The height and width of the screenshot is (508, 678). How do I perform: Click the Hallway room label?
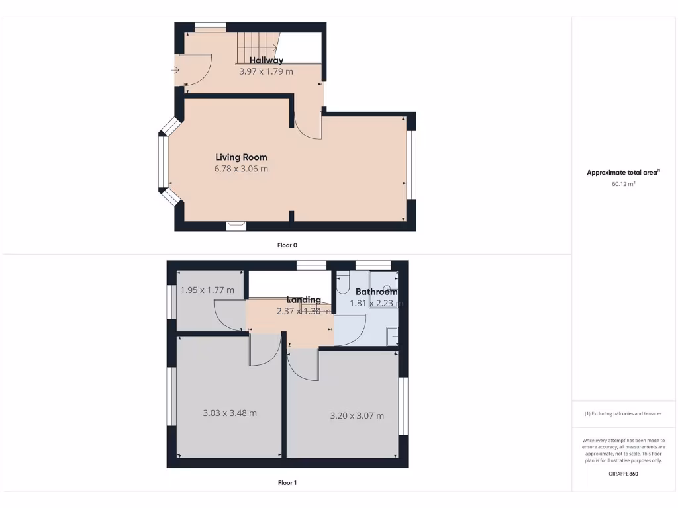266,60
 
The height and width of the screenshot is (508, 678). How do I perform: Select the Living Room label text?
241,157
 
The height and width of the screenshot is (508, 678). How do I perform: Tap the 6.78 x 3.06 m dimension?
241,169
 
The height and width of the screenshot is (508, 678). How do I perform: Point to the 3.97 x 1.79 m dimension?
266,71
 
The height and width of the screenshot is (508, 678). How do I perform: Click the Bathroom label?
376,292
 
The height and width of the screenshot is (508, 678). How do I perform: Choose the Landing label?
303,300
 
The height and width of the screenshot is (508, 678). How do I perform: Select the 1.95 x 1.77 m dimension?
207,290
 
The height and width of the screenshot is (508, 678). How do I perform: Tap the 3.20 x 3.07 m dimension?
357,416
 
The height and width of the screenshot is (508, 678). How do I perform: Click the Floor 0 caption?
287,245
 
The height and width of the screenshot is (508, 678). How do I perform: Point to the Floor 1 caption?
287,483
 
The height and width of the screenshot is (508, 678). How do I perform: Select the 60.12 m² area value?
623,185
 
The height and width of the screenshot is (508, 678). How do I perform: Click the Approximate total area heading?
623,173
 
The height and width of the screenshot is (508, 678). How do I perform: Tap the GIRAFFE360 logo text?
623,474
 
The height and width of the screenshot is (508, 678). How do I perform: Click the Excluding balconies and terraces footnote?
623,414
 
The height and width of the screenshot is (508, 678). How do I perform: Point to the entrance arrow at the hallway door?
176,69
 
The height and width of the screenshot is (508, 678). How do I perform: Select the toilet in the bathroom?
342,285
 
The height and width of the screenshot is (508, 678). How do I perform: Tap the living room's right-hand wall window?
411,165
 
